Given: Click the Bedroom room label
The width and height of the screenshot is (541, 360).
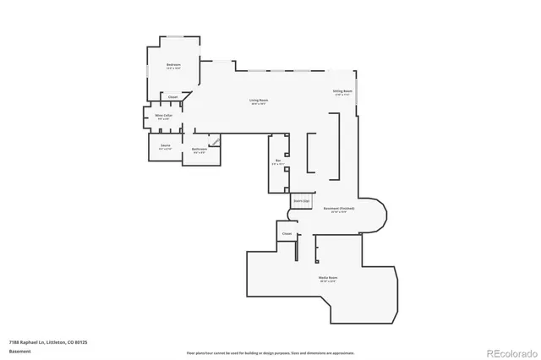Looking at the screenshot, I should click(174, 65).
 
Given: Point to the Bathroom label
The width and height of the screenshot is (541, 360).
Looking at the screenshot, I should click(199, 149).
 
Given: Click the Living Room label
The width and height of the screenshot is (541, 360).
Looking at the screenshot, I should click(258, 101).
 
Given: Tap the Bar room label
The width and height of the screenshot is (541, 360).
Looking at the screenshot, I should click(277, 161).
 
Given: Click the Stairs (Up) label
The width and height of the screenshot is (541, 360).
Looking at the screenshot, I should click(299, 200).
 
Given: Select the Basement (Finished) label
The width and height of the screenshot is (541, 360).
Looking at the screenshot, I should click(339, 208).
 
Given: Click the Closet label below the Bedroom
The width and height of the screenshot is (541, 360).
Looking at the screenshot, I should click(172, 97).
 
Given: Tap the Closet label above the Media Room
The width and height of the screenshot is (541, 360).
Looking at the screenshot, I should click(287, 232).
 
